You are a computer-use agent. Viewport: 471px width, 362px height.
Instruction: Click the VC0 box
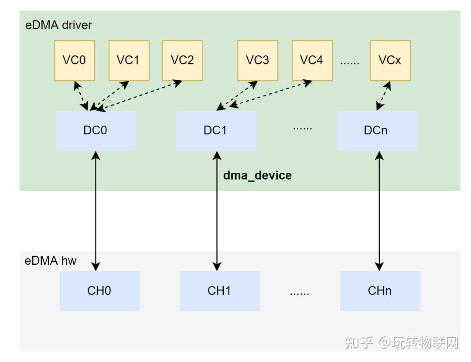(75, 61)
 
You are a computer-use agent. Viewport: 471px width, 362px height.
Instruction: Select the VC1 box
(129, 61)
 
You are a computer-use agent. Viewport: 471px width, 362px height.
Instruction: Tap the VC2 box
(182, 61)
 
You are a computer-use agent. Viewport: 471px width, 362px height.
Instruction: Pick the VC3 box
(258, 61)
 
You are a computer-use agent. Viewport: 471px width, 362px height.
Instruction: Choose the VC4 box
(312, 61)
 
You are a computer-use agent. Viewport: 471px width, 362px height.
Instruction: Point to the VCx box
(390, 61)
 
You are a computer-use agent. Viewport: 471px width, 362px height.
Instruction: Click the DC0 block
(96, 131)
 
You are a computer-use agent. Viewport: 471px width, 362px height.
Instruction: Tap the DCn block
(376, 131)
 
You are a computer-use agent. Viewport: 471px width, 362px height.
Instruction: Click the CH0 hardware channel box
(99, 291)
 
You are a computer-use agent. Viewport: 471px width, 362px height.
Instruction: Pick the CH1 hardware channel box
(220, 291)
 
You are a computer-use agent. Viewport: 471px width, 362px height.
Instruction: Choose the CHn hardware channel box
(380, 291)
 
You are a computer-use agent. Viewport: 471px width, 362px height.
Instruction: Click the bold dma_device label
(257, 175)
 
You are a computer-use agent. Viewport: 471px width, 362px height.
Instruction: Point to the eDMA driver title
(58, 25)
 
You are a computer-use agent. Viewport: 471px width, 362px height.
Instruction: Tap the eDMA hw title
(51, 261)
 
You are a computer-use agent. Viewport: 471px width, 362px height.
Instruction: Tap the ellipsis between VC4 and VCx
(350, 61)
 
